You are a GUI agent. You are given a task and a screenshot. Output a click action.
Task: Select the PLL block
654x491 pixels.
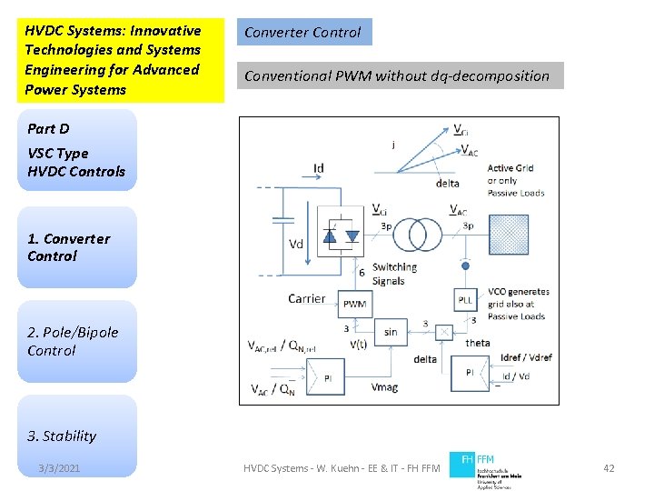pos(466,299)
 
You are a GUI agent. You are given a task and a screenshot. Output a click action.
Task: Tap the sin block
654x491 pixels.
pos(391,332)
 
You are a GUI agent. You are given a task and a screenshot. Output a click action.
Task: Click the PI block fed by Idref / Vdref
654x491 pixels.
pos(470,372)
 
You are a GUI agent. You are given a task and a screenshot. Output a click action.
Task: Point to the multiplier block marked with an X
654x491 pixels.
pos(444,332)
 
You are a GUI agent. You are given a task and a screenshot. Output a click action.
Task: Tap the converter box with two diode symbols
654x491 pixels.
pos(342,235)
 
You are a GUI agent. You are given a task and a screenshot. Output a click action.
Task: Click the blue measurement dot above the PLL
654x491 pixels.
pos(466,267)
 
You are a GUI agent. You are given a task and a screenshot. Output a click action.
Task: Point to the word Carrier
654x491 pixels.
pos(306,298)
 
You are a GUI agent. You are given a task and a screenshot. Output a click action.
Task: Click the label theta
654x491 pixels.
pos(477,343)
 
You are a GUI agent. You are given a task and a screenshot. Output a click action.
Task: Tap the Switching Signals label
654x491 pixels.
pos(394,274)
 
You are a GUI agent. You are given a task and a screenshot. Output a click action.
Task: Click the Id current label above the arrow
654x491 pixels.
pos(318,167)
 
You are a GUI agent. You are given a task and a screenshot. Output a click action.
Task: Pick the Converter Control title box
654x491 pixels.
pos(303,33)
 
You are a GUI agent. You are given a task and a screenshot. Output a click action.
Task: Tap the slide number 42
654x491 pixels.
pos(609,468)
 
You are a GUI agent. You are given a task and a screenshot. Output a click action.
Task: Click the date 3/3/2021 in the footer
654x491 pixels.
pos(59,468)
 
